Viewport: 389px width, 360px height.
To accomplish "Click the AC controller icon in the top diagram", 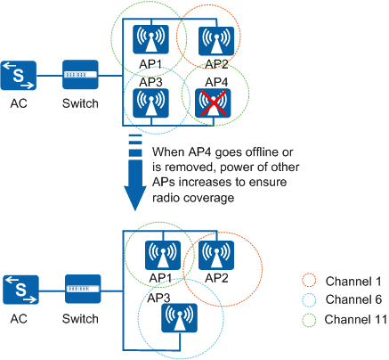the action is coord(19,76).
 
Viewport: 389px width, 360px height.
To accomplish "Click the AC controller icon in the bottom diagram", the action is coord(20,290).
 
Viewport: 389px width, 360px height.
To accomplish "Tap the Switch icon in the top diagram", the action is coord(80,75).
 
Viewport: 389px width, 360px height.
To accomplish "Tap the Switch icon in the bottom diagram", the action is coord(83,289).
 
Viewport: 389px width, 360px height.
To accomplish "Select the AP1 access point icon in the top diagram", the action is coord(150,39).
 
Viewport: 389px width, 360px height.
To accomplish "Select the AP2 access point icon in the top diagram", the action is coord(216,41).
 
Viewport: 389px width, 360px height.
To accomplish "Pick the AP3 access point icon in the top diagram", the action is coord(150,102).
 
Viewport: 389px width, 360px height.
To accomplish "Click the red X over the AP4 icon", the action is coord(214,103).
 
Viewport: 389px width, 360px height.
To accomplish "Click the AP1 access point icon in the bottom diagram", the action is coord(163,255).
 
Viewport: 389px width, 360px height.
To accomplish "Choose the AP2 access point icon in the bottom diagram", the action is coord(216,255).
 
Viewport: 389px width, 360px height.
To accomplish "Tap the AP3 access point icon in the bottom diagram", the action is coord(179,317).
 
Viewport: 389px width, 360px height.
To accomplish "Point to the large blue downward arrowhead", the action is coord(135,198).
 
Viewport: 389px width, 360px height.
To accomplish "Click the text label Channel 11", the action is coord(356,320).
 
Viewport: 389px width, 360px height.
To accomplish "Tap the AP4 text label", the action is coord(216,82).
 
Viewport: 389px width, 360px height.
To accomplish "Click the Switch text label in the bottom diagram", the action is coord(80,319).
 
